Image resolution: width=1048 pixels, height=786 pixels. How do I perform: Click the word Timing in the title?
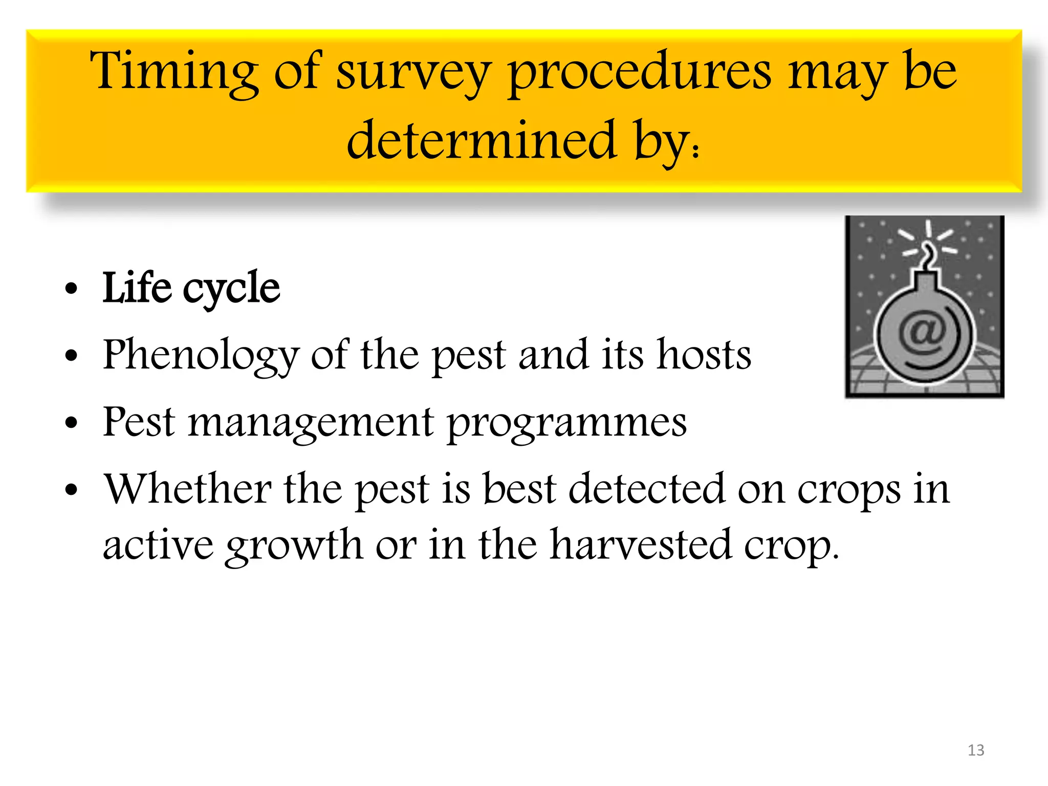[x=173, y=72]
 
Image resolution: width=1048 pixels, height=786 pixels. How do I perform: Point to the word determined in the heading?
[x=482, y=141]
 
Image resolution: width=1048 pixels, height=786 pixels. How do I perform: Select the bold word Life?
[x=137, y=288]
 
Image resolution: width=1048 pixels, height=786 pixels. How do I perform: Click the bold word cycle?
[x=231, y=289]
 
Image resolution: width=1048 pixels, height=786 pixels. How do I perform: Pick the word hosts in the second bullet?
[x=704, y=355]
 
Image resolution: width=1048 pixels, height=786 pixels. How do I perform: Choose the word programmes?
[x=567, y=423]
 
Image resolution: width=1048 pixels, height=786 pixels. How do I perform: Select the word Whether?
[x=187, y=489]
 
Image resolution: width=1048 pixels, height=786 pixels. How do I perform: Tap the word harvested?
[x=640, y=545]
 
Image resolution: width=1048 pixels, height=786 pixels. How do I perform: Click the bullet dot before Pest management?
[x=71, y=423]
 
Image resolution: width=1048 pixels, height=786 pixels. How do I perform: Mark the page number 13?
[x=976, y=750]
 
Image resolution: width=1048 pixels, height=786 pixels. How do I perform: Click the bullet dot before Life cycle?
[x=71, y=289]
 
